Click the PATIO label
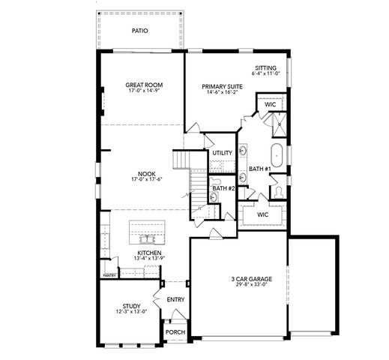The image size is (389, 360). click(139, 31)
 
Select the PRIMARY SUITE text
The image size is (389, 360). click(218, 87)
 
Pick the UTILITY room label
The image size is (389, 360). click(222, 153)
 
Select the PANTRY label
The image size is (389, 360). click(109, 276)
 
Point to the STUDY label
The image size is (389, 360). click(131, 306)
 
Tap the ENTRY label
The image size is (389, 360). click(175, 299)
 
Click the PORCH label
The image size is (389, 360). click(175, 331)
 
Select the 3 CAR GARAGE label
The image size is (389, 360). click(251, 278)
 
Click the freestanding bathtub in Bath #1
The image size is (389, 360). click(278, 152)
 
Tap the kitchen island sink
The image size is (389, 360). click(148, 238)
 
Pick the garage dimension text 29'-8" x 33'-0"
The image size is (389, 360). click(251, 284)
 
